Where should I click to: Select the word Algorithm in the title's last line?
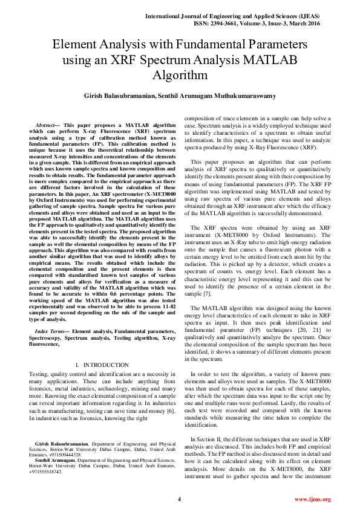point(180,76)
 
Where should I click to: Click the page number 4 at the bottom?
point(179,499)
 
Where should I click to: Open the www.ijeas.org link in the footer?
point(312,499)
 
